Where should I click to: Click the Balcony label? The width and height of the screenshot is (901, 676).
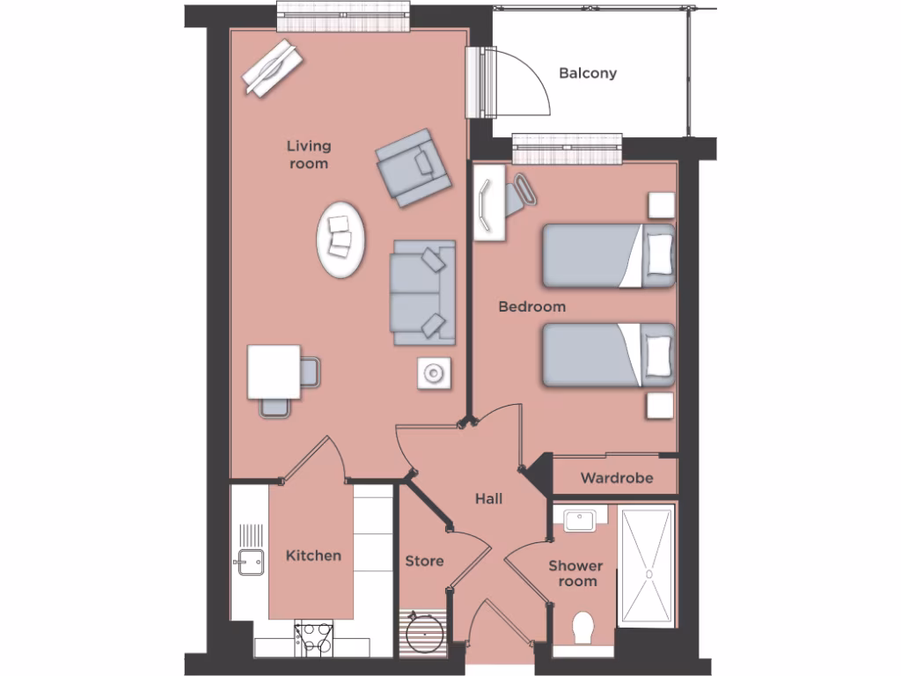point(588,73)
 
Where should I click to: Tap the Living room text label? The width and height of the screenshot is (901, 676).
point(308,154)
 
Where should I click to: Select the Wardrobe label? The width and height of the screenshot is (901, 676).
point(617,478)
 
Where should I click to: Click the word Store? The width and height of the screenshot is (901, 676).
point(424,561)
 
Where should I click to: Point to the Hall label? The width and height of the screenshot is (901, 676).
point(488,498)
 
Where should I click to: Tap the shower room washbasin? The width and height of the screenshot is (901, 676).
point(580,519)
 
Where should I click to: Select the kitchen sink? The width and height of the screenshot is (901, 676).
point(250,561)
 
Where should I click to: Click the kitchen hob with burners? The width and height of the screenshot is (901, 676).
point(314,638)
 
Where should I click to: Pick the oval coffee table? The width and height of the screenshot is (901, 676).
point(341,239)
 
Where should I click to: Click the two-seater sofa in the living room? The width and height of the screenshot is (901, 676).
point(423,292)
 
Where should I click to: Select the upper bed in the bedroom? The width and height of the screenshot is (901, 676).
point(608,256)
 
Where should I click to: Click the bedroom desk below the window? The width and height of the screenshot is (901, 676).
point(489,203)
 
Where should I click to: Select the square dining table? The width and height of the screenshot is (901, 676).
point(274,371)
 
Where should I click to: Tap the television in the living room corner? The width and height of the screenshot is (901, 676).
point(272,68)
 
